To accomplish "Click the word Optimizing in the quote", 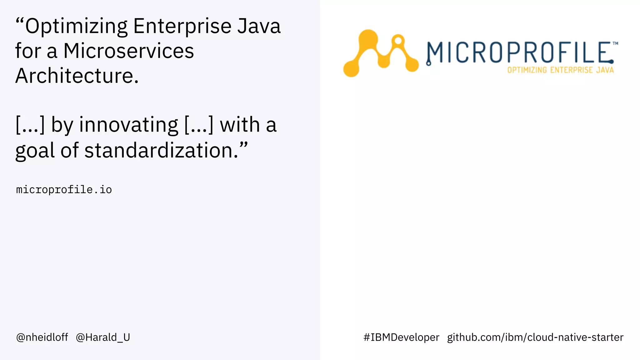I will (76, 26).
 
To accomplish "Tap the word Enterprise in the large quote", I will (182, 26).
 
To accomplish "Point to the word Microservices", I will (128, 51).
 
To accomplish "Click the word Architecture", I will (77, 76).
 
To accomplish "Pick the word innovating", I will (128, 125).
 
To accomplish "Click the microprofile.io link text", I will (64, 190).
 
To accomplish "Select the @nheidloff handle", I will (42, 337).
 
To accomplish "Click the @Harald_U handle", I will (103, 337).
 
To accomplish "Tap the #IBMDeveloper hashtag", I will (401, 337).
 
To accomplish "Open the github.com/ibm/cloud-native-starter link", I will (535, 337).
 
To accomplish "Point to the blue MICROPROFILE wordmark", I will (519, 52).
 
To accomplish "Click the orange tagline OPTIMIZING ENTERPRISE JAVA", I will (560, 70).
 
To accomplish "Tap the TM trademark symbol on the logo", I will (615, 43).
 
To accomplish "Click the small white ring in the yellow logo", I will (398, 41).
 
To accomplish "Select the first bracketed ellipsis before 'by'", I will (30, 125).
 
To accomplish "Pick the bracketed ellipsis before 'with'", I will (199, 125).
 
